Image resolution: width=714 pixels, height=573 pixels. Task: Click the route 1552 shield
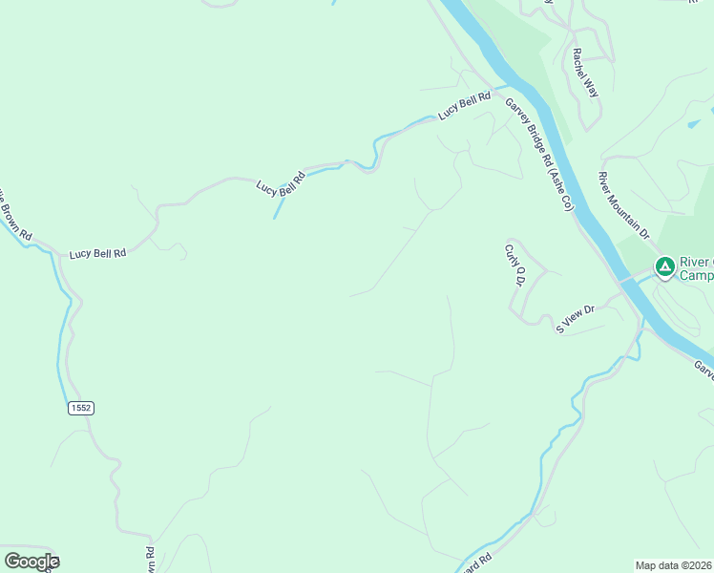coord(81,408)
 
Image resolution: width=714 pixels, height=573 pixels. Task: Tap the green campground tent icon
coord(664,265)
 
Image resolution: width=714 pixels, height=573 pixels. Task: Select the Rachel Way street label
coord(585,73)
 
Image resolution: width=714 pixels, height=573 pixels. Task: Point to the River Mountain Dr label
coord(622,204)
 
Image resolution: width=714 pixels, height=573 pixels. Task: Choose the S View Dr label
coord(576,318)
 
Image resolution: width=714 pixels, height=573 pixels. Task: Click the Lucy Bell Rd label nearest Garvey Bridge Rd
coord(464,105)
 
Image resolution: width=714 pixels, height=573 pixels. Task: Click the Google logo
coord(31,562)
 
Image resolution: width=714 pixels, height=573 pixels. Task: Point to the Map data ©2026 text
coord(674,565)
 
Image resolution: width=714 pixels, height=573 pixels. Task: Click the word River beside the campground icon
coord(694,262)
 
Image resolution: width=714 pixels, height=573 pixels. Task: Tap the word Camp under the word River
coord(696,275)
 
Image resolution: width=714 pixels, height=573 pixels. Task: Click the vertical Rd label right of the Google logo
coord(150,560)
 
